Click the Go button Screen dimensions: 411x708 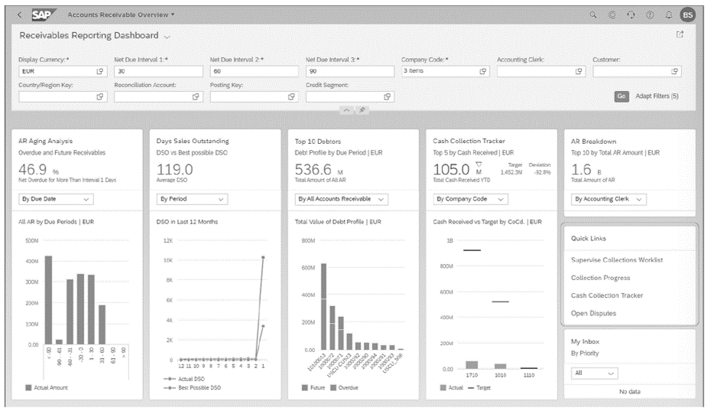click(x=621, y=96)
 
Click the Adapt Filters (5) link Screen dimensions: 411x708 click(x=657, y=96)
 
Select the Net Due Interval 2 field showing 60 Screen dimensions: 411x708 click(x=253, y=71)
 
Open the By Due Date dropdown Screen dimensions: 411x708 click(x=56, y=199)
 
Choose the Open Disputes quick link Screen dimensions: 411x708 click(x=593, y=313)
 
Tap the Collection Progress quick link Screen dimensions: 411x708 click(x=601, y=278)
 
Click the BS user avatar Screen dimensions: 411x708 click(x=687, y=15)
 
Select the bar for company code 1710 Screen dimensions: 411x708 click(x=472, y=365)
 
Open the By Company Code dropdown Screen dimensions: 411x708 click(x=471, y=199)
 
